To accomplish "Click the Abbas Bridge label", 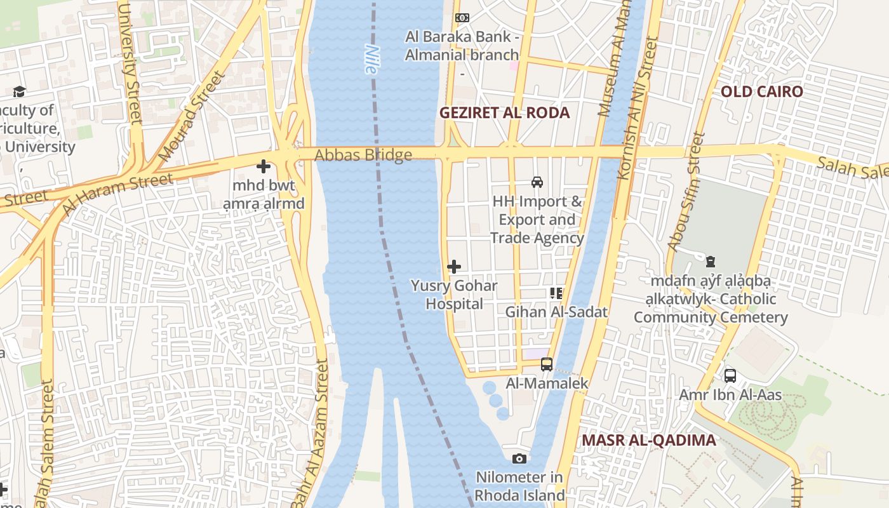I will (363, 155).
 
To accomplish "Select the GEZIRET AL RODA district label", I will (505, 113).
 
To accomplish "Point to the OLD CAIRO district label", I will (761, 91).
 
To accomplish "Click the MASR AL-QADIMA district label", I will (648, 440).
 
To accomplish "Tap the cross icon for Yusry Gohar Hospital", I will (454, 267).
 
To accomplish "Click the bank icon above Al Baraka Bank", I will (462, 18).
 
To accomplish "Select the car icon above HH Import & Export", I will (537, 182).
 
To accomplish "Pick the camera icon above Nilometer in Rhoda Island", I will (519, 458).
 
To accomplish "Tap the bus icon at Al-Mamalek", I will (547, 364).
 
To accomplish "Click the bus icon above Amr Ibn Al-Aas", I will (730, 375).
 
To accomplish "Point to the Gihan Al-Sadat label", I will (556, 312).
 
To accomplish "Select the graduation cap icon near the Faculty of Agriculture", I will (19, 91).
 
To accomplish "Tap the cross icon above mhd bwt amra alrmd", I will (264, 167).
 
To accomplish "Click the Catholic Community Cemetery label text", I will (711, 308).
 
